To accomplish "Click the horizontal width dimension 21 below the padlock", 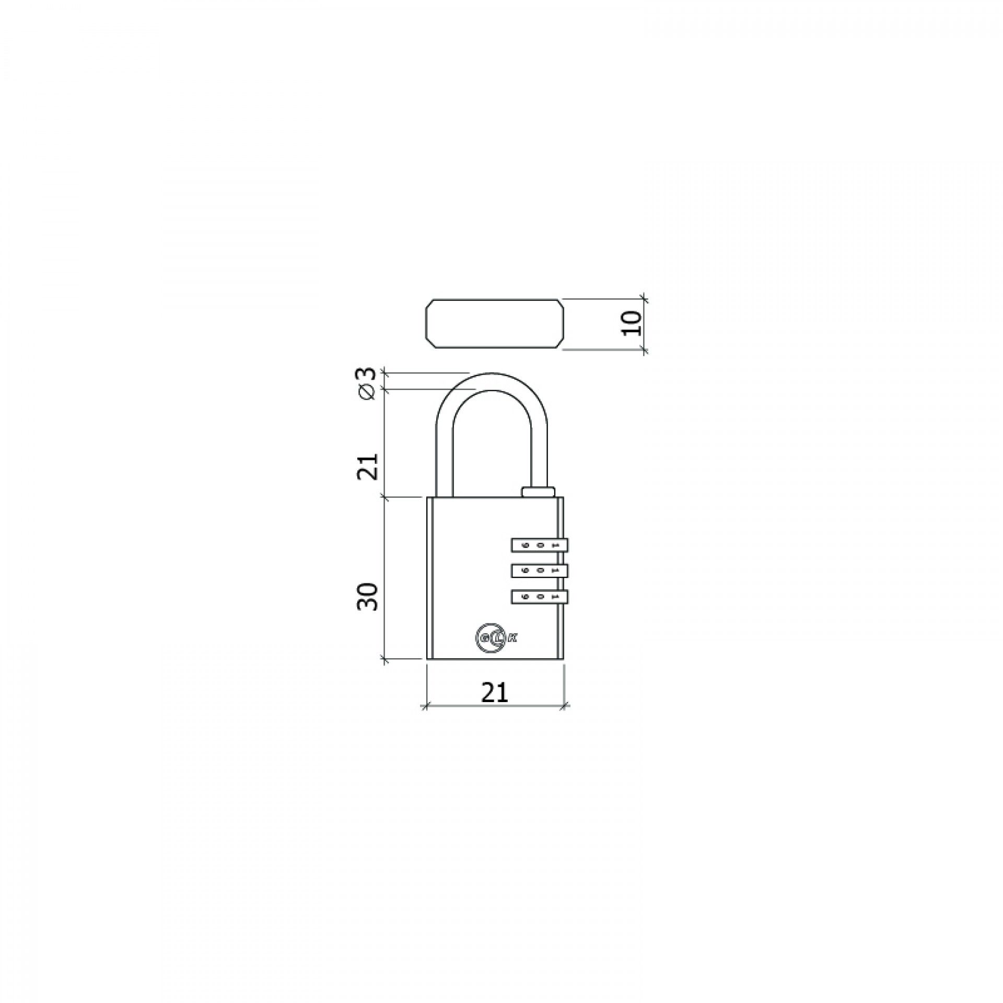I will [x=494, y=693].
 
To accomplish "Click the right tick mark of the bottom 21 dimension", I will [x=564, y=707].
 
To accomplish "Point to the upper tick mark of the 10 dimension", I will [x=644, y=299].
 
